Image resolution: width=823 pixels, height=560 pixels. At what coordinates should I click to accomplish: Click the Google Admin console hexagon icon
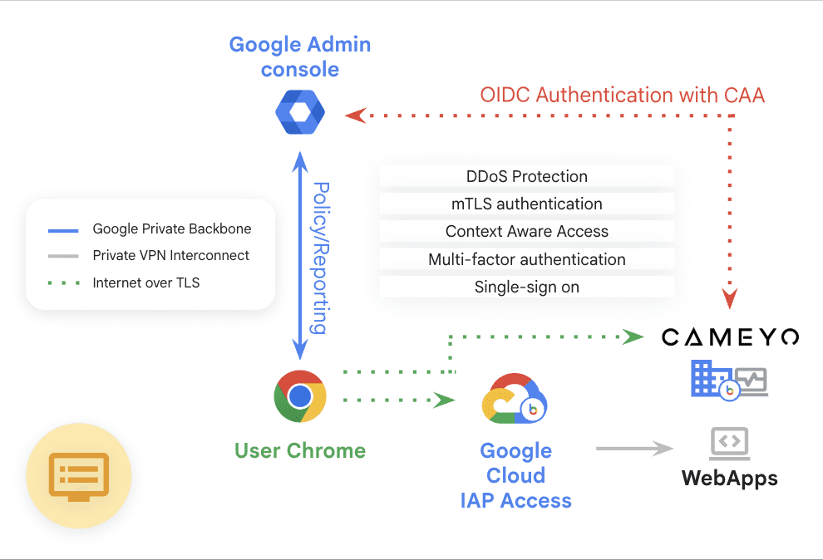click(299, 113)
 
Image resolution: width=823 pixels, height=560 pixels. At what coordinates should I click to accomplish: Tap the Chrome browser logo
click(299, 396)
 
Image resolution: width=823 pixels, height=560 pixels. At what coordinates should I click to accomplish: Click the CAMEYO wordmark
click(730, 336)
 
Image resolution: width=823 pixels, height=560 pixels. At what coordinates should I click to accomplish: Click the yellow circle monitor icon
click(79, 475)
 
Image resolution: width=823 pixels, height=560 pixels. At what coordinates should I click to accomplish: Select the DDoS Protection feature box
click(526, 176)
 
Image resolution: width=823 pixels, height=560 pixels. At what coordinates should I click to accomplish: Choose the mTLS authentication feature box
click(526, 204)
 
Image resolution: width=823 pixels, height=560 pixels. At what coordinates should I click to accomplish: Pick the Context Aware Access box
click(526, 232)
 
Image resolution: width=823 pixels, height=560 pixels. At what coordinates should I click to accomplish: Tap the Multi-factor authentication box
click(526, 259)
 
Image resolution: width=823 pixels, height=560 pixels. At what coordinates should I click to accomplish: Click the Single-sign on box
click(526, 287)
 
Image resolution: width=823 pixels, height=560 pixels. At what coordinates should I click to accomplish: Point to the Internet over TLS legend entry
click(146, 282)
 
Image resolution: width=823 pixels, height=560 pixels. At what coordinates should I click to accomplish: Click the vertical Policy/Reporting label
click(319, 258)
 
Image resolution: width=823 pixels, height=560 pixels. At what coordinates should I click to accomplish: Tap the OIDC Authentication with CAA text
click(622, 95)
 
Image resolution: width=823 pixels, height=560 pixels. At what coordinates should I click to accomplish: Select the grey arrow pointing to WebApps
click(634, 449)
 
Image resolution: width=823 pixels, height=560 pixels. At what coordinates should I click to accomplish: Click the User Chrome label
click(299, 451)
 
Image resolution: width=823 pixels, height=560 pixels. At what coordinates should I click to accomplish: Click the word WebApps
click(730, 478)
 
